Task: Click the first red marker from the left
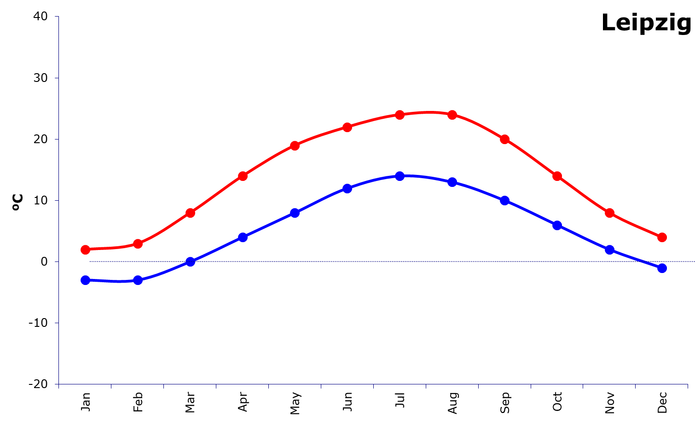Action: [x=85, y=250]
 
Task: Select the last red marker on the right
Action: [x=662, y=237]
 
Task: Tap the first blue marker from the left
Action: [x=85, y=280]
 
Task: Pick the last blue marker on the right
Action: [x=662, y=268]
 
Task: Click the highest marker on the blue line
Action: [x=400, y=176]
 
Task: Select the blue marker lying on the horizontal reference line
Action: [x=190, y=261]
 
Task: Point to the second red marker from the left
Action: [x=138, y=244]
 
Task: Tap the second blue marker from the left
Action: [x=138, y=280]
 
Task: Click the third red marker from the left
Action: [x=190, y=213]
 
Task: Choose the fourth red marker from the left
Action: [x=243, y=176]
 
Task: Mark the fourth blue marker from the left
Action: [x=243, y=237]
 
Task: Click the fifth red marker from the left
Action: [x=295, y=145]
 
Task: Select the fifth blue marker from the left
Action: [x=295, y=213]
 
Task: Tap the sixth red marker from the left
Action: [x=347, y=127]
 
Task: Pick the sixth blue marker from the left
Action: [x=347, y=188]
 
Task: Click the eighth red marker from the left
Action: [x=452, y=115]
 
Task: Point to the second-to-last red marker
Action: [x=609, y=213]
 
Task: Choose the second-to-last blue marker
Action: [x=609, y=250]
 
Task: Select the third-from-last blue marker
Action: [x=557, y=225]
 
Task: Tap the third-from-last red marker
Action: [x=557, y=176]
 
